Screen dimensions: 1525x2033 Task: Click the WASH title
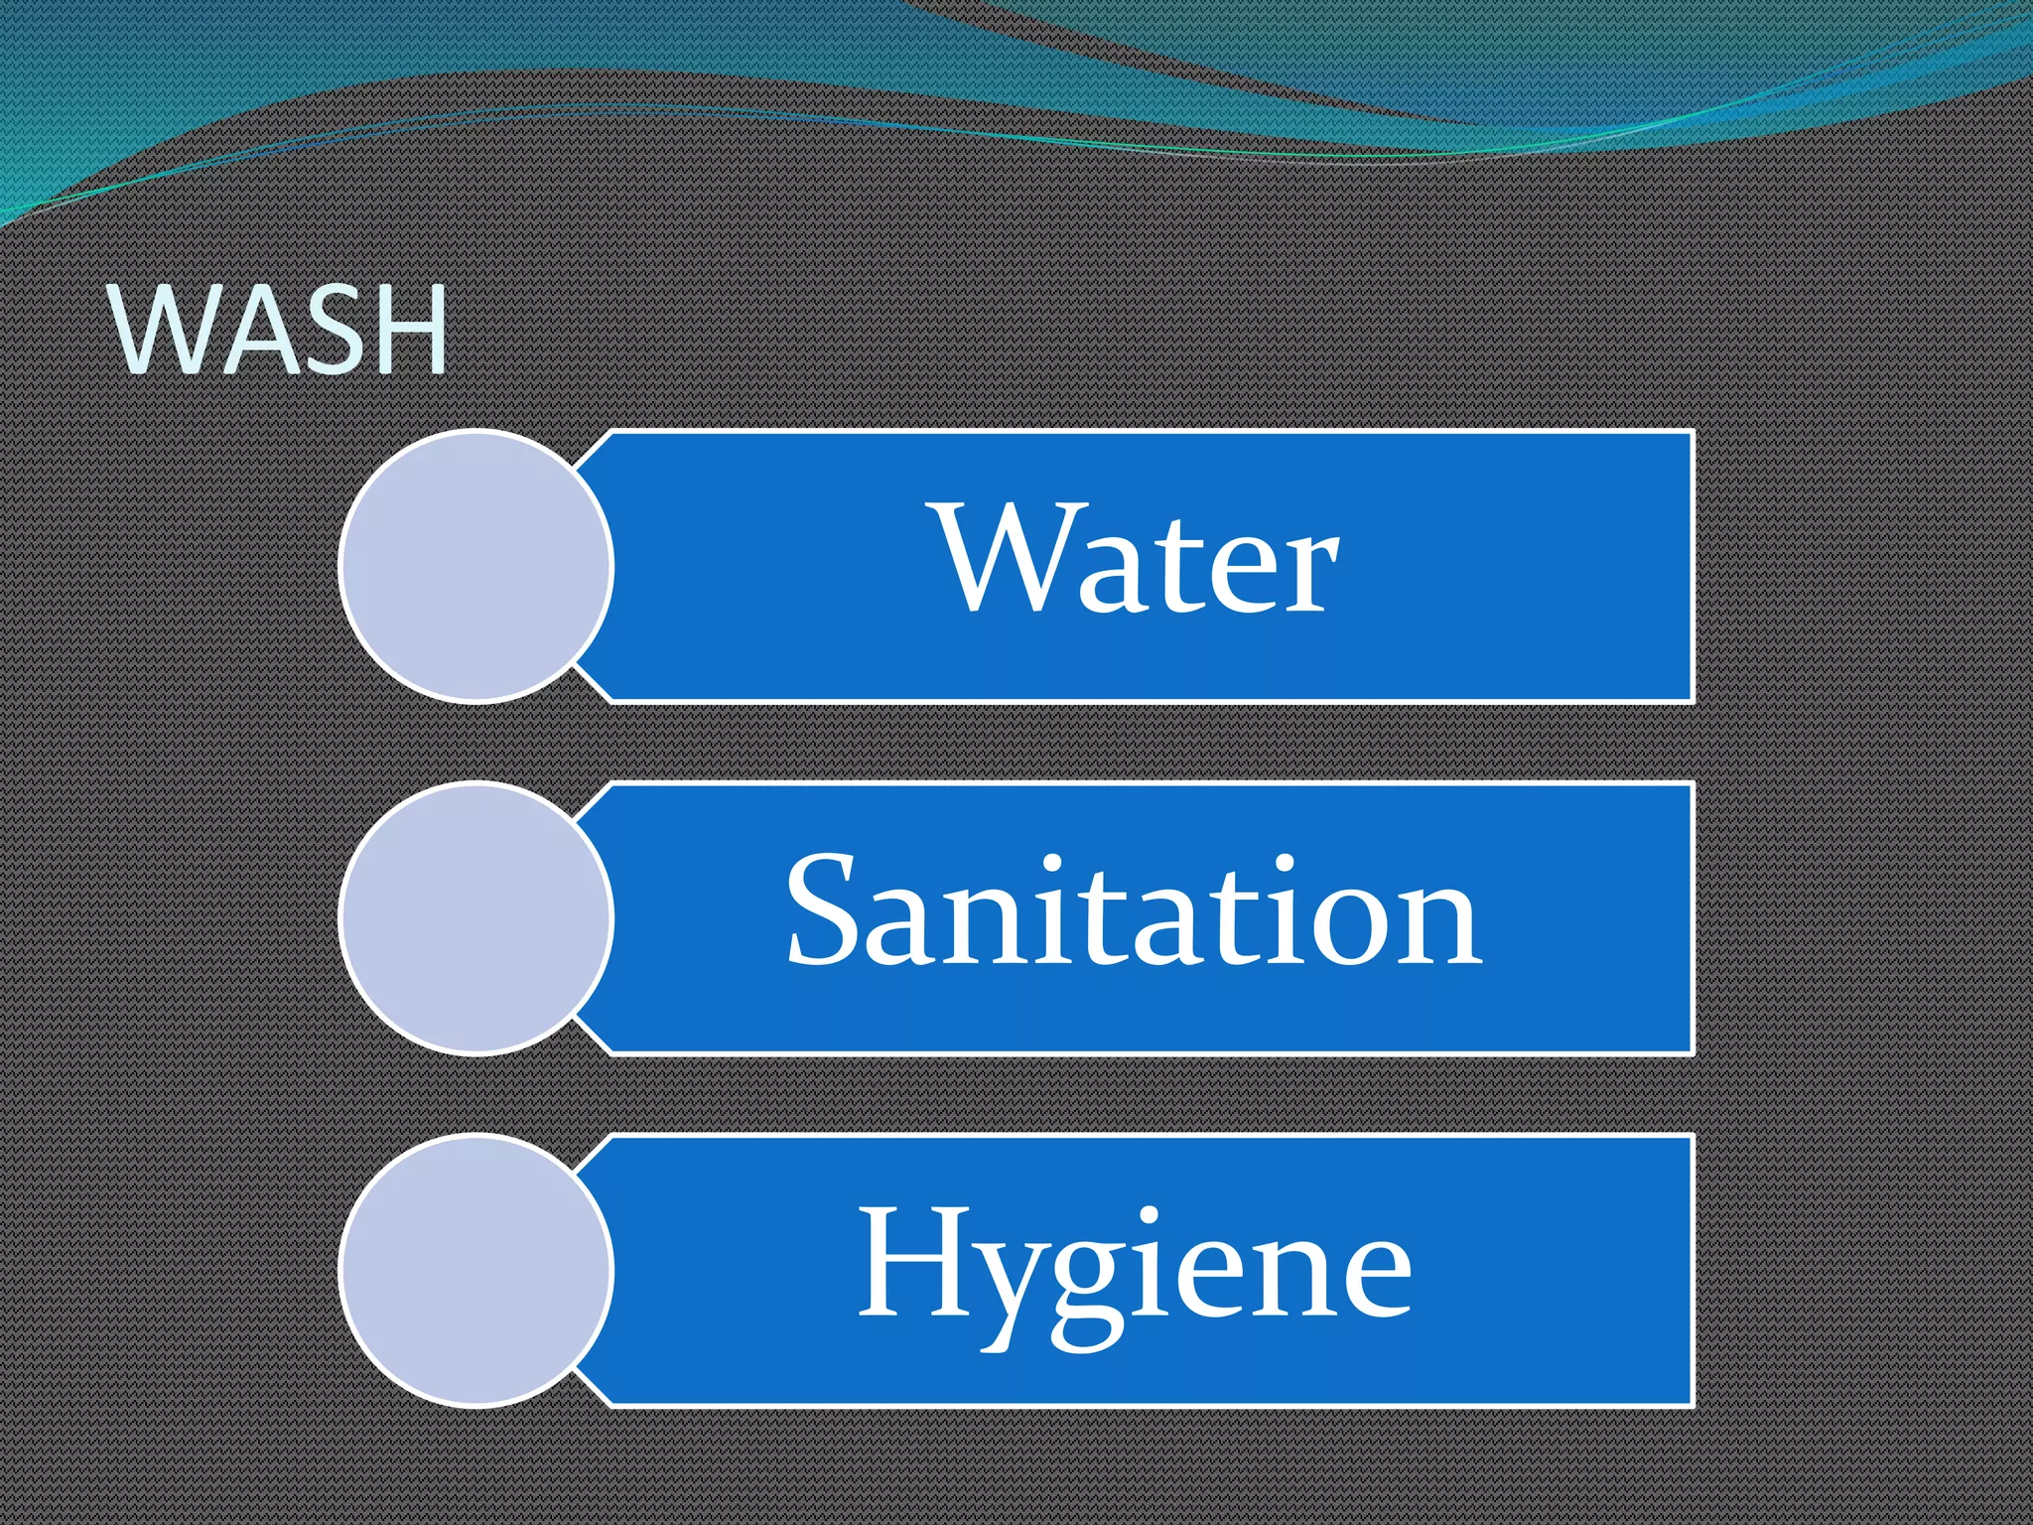pos(281,330)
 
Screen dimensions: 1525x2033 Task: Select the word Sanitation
pos(1134,912)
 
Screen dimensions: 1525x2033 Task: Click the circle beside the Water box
pos(476,566)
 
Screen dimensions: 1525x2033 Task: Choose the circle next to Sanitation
pos(476,917)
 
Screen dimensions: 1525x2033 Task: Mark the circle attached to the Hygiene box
pos(476,1271)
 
